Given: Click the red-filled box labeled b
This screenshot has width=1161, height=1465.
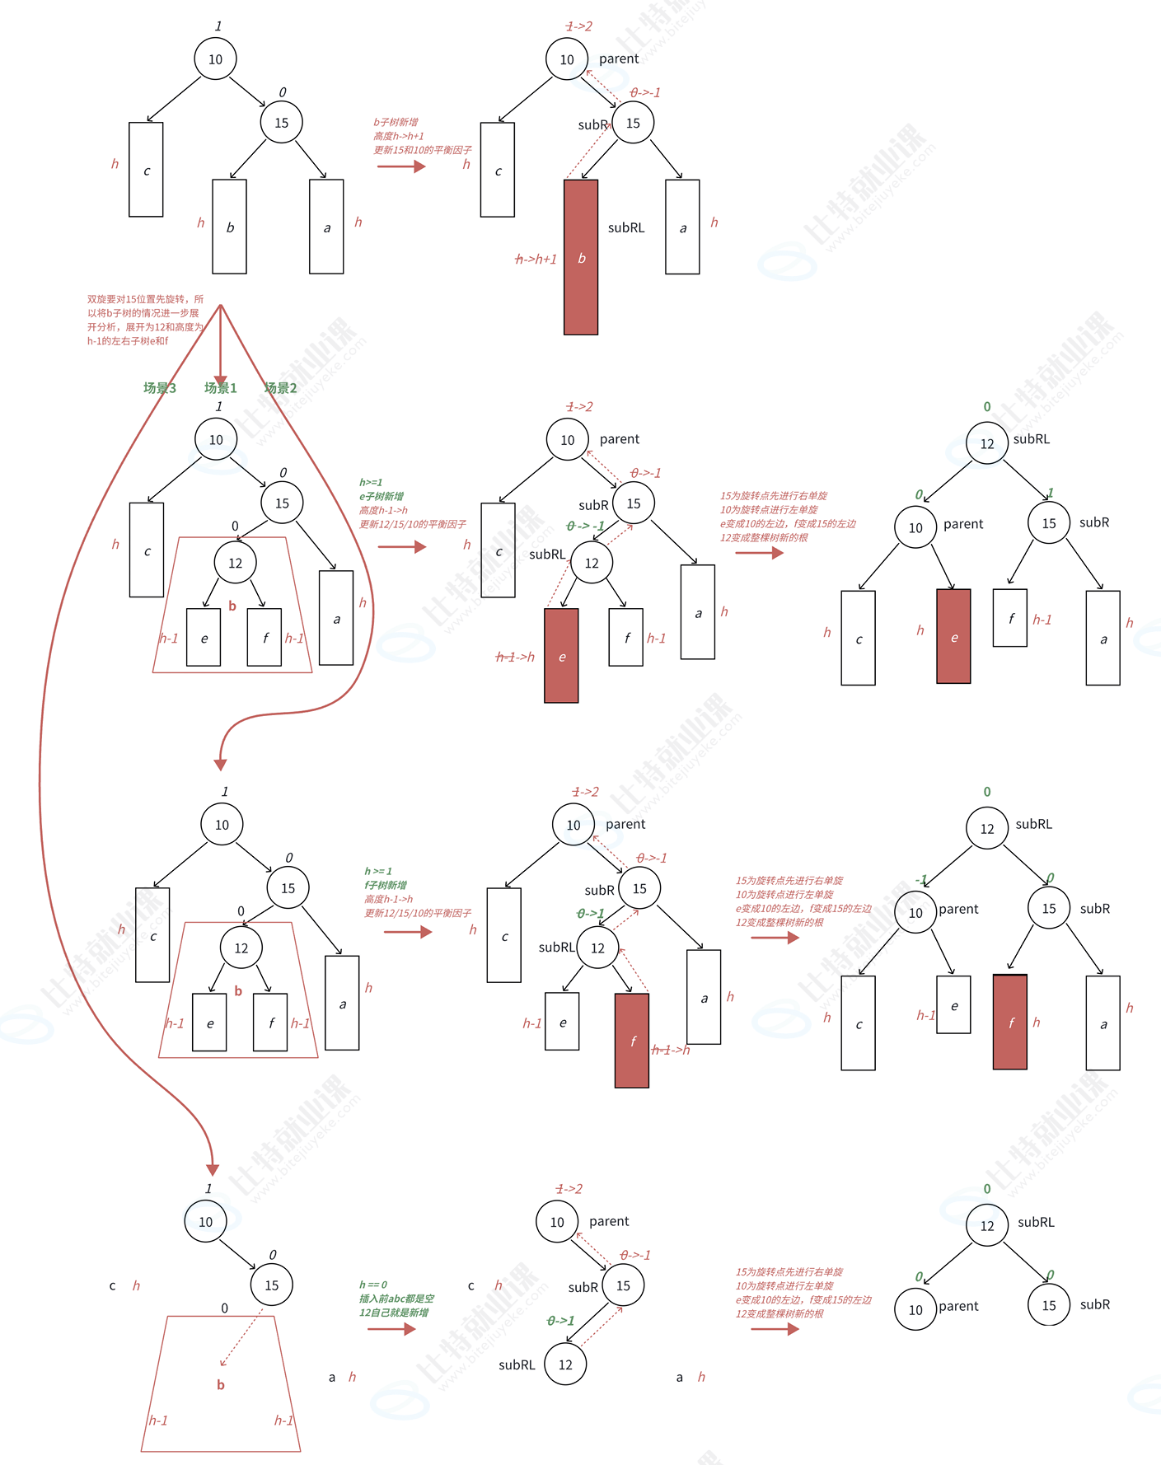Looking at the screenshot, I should pyautogui.click(x=581, y=257).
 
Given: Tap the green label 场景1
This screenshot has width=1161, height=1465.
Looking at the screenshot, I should pyautogui.click(x=220, y=388).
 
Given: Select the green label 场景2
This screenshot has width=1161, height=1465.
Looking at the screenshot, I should pyautogui.click(x=280, y=388).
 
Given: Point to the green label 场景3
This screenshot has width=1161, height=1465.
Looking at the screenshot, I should pyautogui.click(x=159, y=388).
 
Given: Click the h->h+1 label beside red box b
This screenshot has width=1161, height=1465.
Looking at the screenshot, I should pyautogui.click(x=536, y=260).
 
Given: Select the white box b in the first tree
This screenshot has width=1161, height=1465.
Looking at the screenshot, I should pyautogui.click(x=229, y=227).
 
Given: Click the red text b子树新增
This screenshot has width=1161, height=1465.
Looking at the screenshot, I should pyautogui.click(x=396, y=122).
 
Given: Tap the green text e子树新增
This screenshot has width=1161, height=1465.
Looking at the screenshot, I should pyautogui.click(x=382, y=497).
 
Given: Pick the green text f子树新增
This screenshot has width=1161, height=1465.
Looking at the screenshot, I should pyautogui.click(x=386, y=885).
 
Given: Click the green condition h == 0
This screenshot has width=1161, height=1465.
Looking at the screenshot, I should pyautogui.click(x=373, y=1285).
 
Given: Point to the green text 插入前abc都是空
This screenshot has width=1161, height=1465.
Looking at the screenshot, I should pyautogui.click(x=396, y=1299).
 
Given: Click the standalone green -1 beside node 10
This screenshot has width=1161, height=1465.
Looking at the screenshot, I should pyautogui.click(x=921, y=879).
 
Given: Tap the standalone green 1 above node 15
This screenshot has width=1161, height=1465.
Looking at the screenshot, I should pyautogui.click(x=1051, y=493).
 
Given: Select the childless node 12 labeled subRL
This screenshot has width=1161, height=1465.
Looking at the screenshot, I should pyautogui.click(x=565, y=1364).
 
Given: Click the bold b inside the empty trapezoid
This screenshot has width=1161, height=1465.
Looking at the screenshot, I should pyautogui.click(x=221, y=1385).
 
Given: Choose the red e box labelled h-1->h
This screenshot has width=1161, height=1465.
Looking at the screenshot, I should pyautogui.click(x=561, y=656).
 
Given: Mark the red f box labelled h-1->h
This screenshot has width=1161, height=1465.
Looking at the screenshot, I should pyautogui.click(x=632, y=1041).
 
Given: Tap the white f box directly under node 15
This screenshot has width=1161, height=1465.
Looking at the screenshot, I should pyautogui.click(x=1010, y=618).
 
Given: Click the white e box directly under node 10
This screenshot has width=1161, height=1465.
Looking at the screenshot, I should pyautogui.click(x=953, y=1005).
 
